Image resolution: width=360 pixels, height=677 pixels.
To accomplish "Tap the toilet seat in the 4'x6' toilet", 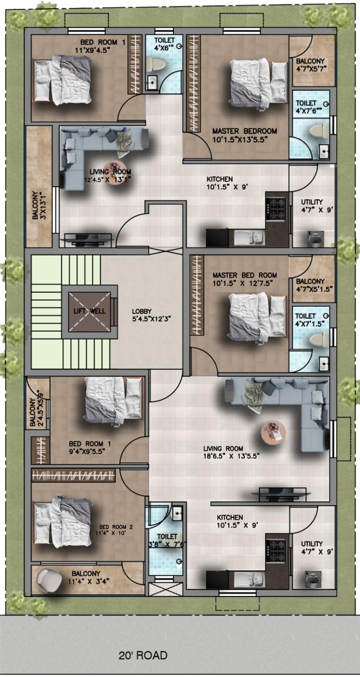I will pos(155,64).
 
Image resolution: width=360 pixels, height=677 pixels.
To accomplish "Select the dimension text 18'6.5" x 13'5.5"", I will pos(232,456).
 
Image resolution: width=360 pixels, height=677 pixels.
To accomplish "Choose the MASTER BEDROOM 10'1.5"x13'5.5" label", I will pos(244,135).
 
